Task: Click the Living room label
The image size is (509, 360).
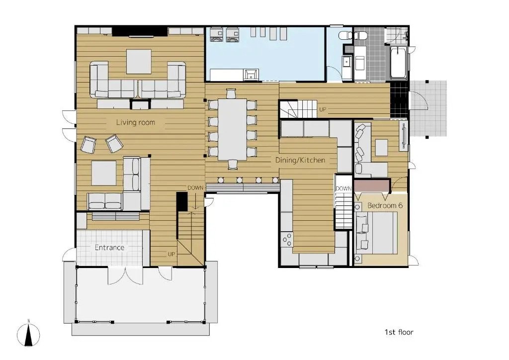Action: tap(135, 122)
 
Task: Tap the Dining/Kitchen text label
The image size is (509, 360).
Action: tap(300, 160)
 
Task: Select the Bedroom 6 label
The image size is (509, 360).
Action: tap(385, 205)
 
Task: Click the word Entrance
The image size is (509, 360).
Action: tap(109, 247)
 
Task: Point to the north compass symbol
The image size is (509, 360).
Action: tap(28, 333)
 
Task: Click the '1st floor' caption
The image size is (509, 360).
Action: tap(399, 332)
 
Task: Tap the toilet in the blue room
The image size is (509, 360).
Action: tap(345, 35)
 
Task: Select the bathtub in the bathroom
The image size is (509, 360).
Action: tap(398, 63)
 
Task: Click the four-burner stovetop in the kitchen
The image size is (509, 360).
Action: tap(287, 240)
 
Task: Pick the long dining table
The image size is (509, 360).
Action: tap(232, 129)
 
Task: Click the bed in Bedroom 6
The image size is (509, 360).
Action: tap(377, 233)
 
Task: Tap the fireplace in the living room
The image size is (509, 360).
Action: tap(140, 104)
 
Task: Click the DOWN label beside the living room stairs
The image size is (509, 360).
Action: tap(195, 188)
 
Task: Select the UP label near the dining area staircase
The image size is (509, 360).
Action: tap(322, 109)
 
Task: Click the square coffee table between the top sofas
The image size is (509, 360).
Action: tap(139, 62)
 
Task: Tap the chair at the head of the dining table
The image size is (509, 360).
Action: tap(231, 93)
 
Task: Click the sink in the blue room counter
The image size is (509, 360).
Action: tap(251, 75)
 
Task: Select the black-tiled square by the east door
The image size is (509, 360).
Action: tap(399, 99)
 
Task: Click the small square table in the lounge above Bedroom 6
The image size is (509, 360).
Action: tap(382, 147)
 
